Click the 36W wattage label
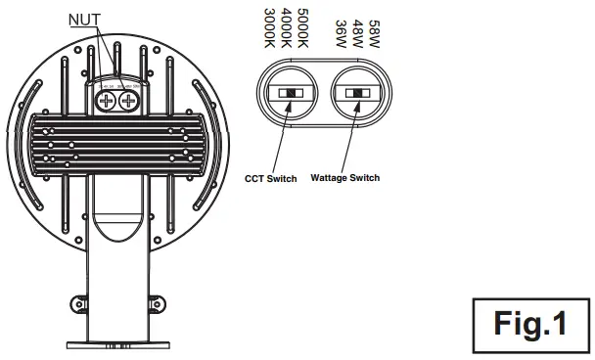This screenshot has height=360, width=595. [340, 30]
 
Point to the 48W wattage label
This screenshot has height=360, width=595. [356, 30]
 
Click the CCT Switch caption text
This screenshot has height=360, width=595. [271, 178]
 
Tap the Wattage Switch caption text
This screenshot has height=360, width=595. [344, 178]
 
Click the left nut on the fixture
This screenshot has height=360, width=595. [107, 98]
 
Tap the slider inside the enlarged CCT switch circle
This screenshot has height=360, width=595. [291, 94]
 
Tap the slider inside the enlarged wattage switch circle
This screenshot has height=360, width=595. [358, 94]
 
